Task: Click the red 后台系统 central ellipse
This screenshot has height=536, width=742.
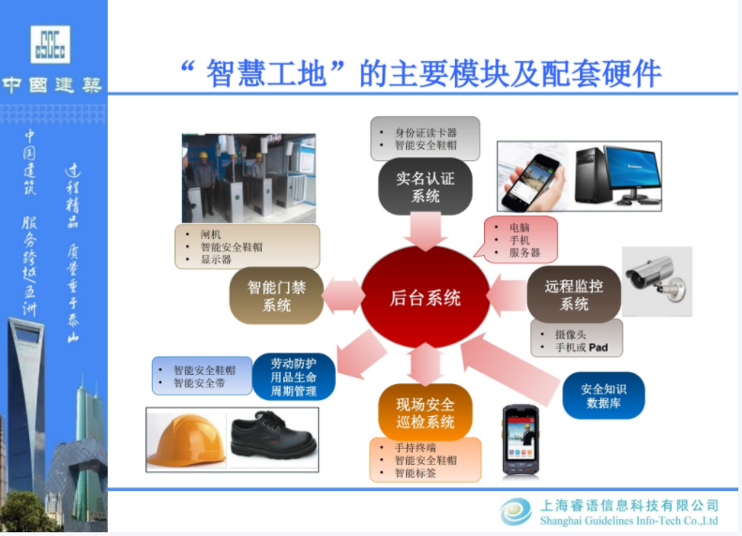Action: coord(425,297)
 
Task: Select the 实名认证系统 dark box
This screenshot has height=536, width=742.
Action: coord(425,186)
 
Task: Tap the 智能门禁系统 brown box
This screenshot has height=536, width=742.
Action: coord(277,296)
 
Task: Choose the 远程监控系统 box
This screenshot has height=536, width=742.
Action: coord(573,294)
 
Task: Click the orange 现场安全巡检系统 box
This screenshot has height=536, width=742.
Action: coord(425,412)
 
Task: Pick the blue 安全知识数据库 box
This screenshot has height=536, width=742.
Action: coord(603,395)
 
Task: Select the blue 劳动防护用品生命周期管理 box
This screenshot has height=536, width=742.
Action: coord(294,377)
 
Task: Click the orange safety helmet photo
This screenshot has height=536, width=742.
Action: coord(186,439)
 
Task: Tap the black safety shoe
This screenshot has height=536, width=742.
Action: coord(273,437)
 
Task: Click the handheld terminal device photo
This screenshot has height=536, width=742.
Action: coord(521,439)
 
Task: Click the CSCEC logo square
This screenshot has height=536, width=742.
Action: coord(50,44)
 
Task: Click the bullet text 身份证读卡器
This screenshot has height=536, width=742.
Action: coord(426,133)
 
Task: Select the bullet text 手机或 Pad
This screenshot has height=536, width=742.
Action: coord(581,348)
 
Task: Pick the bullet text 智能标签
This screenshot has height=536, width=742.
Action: coord(415,472)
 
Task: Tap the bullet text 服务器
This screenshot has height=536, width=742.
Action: coord(524,252)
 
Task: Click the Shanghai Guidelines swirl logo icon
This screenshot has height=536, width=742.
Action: coord(516,512)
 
